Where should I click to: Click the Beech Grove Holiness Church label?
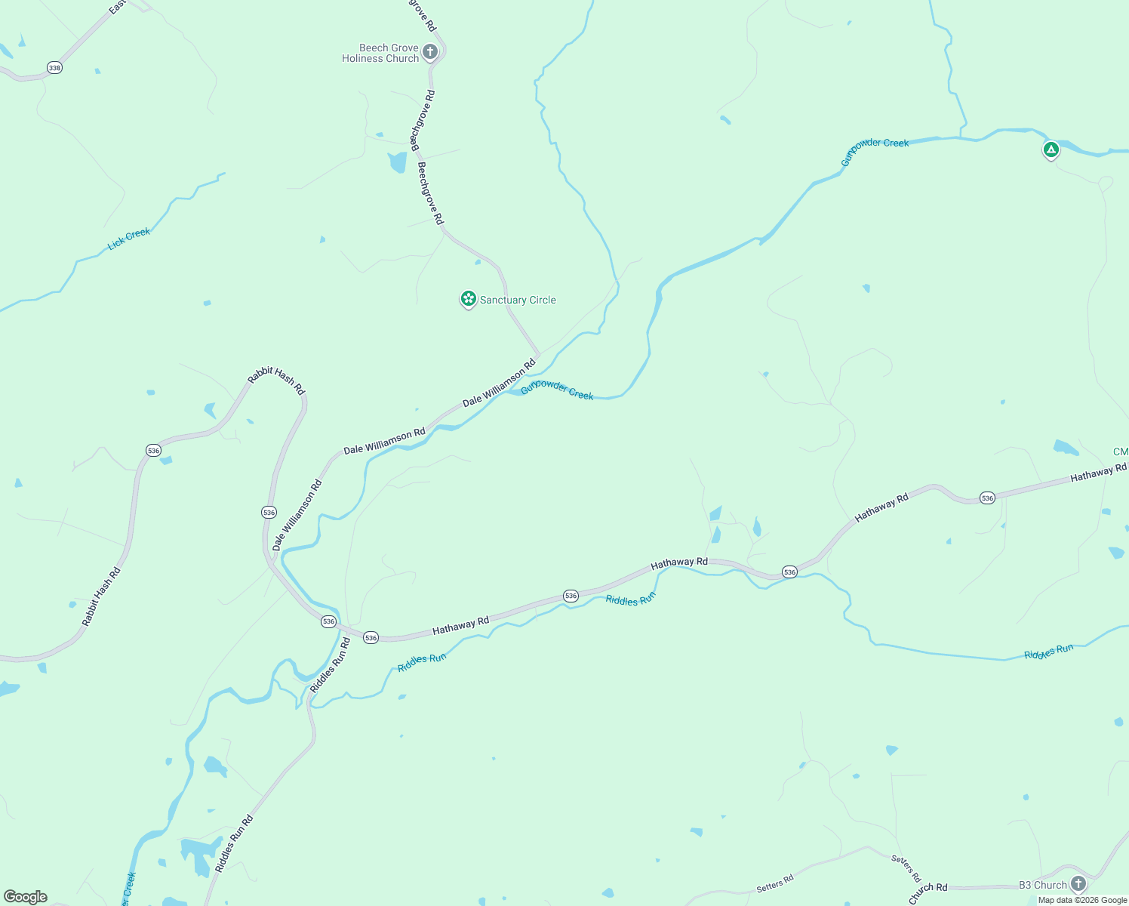point(380,53)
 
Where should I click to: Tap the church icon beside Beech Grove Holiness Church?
point(430,52)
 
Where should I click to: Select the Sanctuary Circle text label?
point(518,300)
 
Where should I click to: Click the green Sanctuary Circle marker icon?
point(469,299)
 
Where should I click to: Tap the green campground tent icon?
point(1051,149)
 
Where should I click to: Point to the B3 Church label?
point(1043,885)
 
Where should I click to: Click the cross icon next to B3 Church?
point(1078,883)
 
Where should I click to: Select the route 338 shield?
point(54,68)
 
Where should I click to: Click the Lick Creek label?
point(129,239)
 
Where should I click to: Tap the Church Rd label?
point(928,892)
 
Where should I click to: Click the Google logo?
point(26,897)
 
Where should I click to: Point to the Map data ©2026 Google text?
point(1082,900)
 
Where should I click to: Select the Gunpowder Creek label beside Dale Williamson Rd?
point(557,390)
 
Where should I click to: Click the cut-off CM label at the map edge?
point(1121,452)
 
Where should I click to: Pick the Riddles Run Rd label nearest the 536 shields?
point(331,665)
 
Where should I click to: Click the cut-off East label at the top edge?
point(117,8)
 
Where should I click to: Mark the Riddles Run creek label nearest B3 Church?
point(1048,652)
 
